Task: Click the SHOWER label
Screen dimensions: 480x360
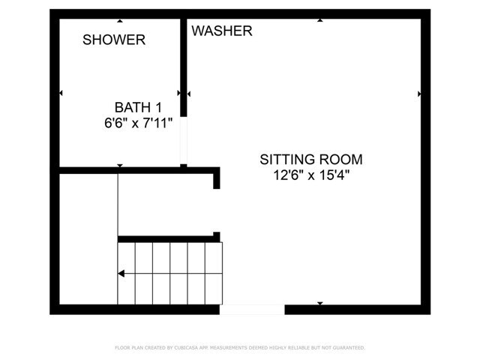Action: pyautogui.click(x=114, y=40)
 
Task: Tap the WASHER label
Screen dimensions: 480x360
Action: pyautogui.click(x=222, y=31)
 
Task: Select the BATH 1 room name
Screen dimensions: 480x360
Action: pyautogui.click(x=138, y=107)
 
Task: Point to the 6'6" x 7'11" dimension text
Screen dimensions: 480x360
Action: pyautogui.click(x=138, y=123)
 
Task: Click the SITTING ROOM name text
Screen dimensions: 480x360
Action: pyautogui.click(x=311, y=160)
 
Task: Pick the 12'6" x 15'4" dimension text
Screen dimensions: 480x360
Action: pyautogui.click(x=311, y=175)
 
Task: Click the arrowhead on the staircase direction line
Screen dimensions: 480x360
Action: pyautogui.click(x=121, y=273)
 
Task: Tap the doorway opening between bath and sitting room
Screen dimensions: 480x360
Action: pyautogui.click(x=183, y=140)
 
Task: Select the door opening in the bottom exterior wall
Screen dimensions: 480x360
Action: pyautogui.click(x=252, y=310)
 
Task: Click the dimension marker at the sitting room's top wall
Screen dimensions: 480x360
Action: pyautogui.click(x=320, y=20)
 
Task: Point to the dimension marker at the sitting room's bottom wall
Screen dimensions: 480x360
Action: pyautogui.click(x=320, y=303)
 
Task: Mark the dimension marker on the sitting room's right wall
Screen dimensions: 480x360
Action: pyautogui.click(x=419, y=94)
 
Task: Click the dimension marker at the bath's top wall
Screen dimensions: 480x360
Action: pyautogui.click(x=120, y=21)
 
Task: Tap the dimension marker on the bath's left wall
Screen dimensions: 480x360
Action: pyautogui.click(x=61, y=93)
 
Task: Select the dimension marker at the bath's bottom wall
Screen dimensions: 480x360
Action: pyautogui.click(x=120, y=166)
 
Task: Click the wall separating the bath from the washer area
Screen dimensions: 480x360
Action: pyautogui.click(x=183, y=67)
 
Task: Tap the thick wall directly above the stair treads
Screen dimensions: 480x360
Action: pyautogui.click(x=169, y=238)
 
